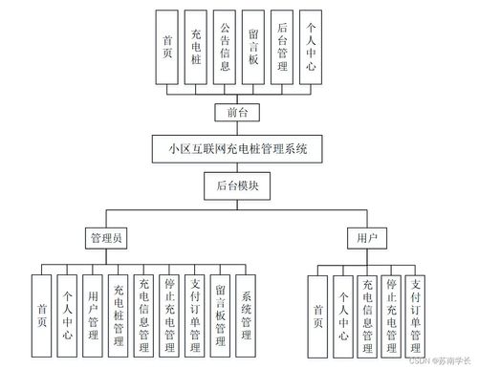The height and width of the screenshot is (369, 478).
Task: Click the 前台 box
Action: click(x=237, y=114)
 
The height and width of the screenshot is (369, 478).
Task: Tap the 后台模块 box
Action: click(x=237, y=186)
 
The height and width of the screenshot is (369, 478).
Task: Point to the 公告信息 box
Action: click(x=225, y=48)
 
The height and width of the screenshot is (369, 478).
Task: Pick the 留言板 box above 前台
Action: click(x=252, y=48)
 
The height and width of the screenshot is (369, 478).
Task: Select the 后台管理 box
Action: click(x=281, y=48)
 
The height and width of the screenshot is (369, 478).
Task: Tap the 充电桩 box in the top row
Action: click(x=196, y=48)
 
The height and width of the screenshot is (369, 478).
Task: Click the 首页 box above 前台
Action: click(x=168, y=48)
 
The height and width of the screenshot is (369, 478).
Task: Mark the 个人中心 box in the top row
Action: click(x=309, y=48)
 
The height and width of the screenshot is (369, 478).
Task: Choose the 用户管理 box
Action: click(x=93, y=311)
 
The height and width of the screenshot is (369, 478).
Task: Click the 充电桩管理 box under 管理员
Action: click(x=119, y=311)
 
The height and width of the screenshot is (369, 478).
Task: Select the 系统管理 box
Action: click(x=247, y=311)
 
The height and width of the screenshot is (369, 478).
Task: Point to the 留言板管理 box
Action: click(x=221, y=311)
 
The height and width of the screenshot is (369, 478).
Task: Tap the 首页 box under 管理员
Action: click(x=41, y=311)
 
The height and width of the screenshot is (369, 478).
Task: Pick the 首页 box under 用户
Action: click(x=317, y=311)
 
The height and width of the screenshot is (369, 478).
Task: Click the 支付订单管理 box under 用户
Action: click(x=417, y=311)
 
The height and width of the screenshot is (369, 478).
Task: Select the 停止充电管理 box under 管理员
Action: click(x=169, y=311)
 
